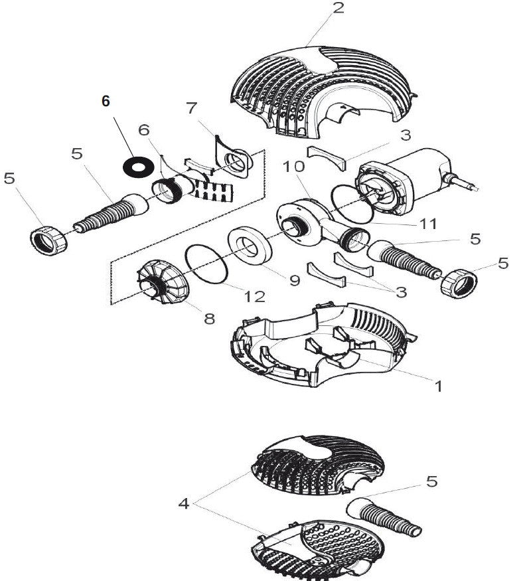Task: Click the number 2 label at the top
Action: pos(338,9)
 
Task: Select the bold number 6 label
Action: pos(106,101)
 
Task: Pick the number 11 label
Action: pos(428,224)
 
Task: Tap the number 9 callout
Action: pos(294,280)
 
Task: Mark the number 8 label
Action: pos(209,318)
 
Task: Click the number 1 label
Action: pos(437,384)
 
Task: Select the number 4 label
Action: pos(184,503)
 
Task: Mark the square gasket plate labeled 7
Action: pos(234,157)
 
